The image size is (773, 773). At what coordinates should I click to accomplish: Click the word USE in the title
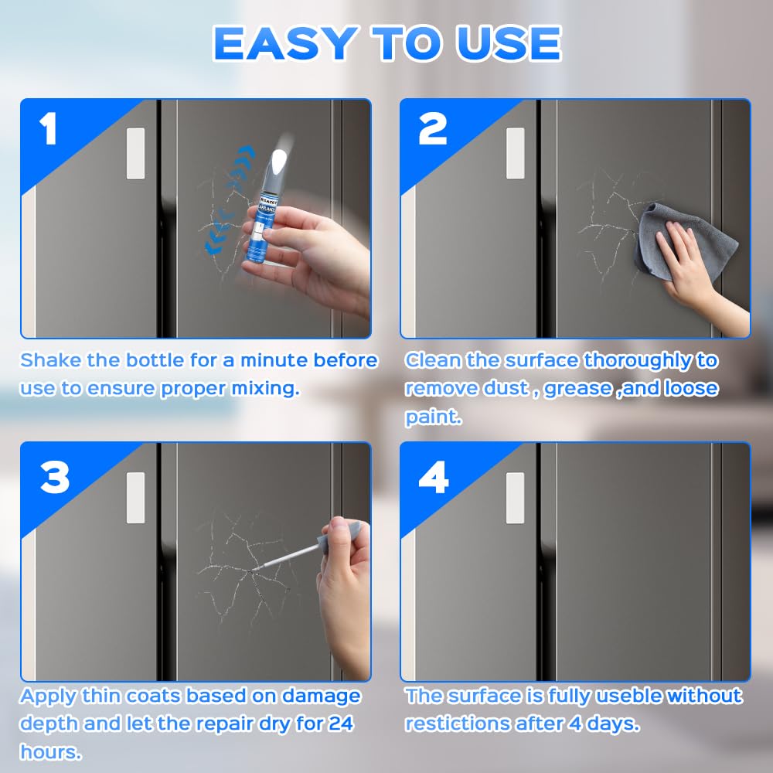[x=509, y=43]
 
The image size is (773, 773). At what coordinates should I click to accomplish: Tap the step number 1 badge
[x=48, y=128]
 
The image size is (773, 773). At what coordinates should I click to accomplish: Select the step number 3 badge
[x=55, y=477]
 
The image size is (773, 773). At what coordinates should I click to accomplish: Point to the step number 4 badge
[x=434, y=477]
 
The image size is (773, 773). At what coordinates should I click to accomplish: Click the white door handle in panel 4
[x=515, y=498]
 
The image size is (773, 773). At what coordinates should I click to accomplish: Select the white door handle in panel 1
[x=136, y=153]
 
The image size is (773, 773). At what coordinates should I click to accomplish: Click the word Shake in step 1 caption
[x=51, y=360]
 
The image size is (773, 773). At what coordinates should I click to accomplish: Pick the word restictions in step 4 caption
[x=458, y=724]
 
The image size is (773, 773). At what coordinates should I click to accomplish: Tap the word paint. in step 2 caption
[x=433, y=417]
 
